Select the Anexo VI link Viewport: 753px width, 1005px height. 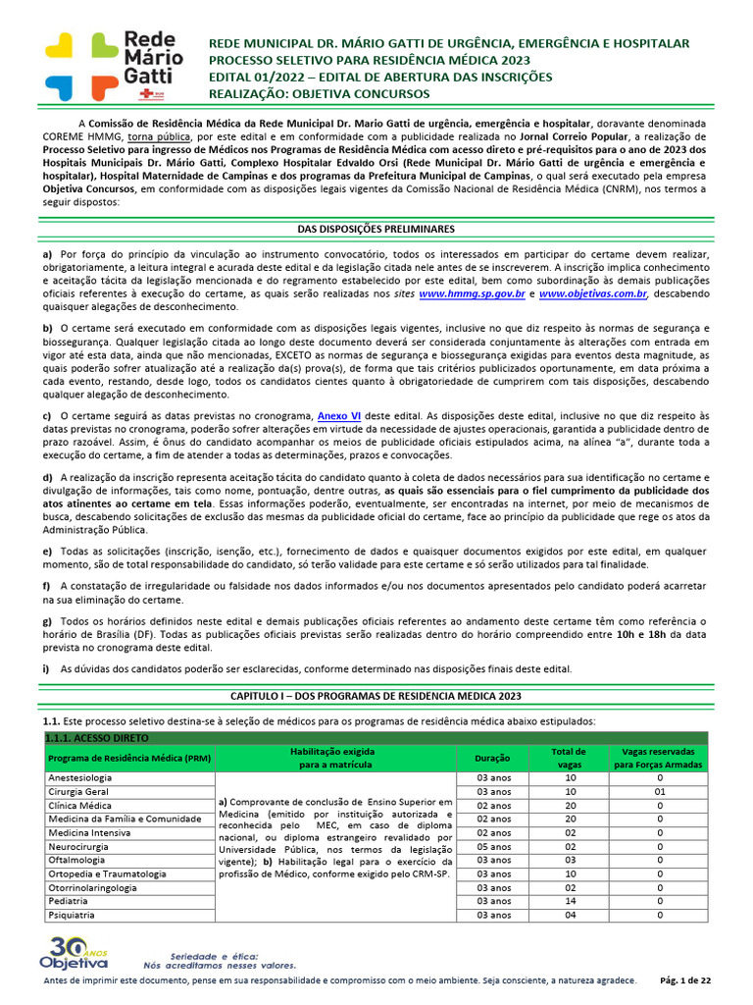pos(339,416)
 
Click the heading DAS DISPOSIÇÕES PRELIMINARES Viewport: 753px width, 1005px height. pos(376,229)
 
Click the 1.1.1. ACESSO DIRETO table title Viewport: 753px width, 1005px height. pos(91,737)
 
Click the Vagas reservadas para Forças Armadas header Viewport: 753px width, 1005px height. pos(660,758)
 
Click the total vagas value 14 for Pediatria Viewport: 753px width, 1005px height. pos(570,901)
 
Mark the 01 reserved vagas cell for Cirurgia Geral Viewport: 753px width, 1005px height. pos(660,791)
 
